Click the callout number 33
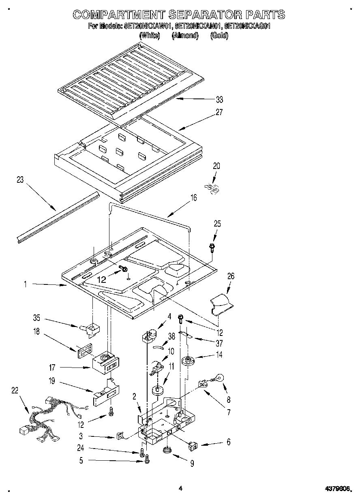(x=219, y=100)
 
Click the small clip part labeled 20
(x=213, y=188)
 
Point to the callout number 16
(x=193, y=198)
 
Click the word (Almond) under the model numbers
(x=185, y=36)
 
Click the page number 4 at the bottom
(x=180, y=489)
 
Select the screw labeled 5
(x=147, y=459)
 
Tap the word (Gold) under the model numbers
(x=219, y=36)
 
